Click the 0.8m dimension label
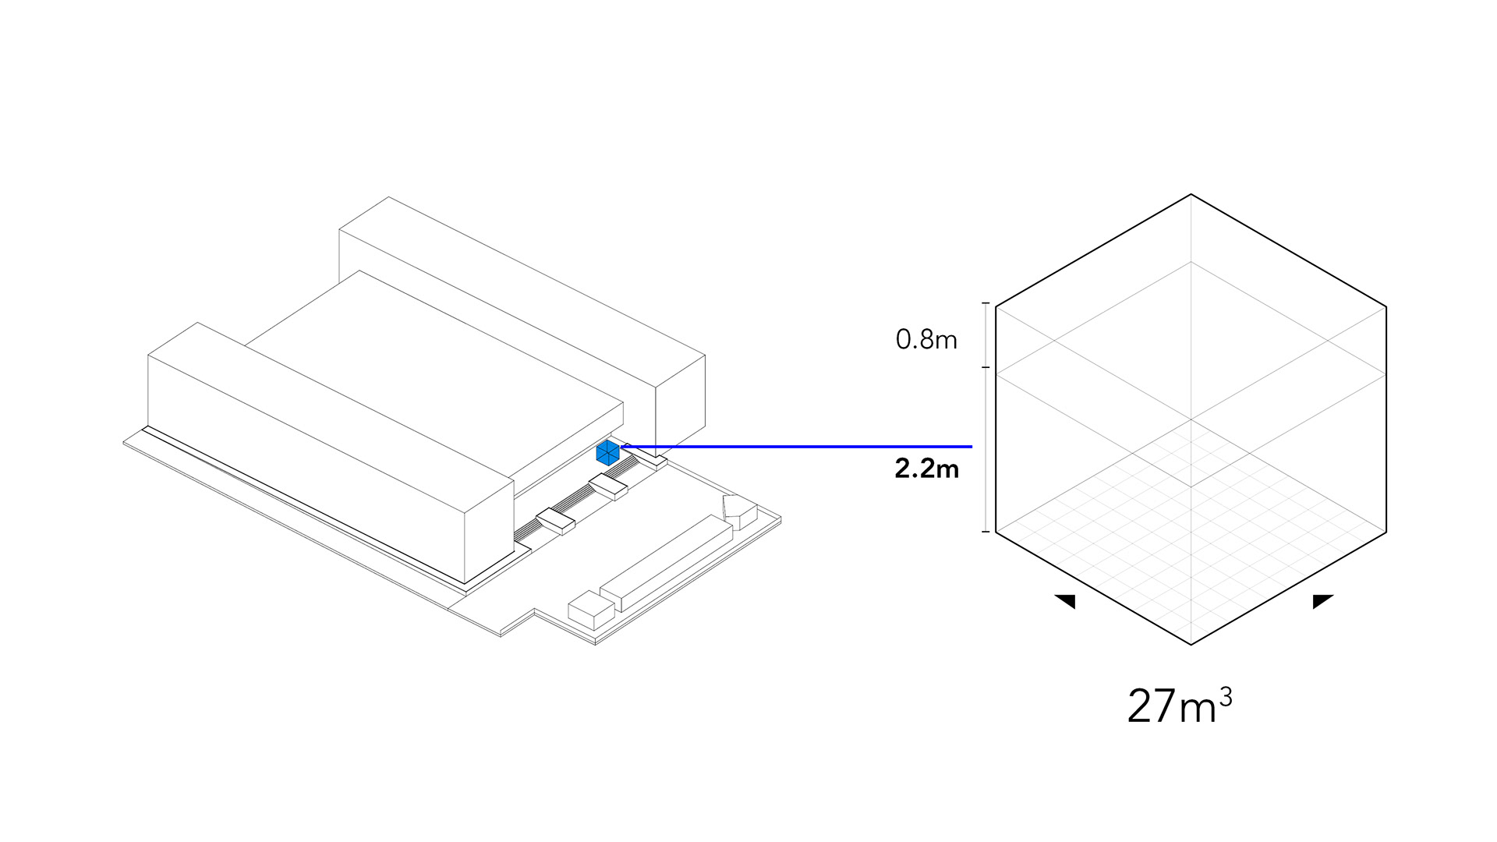pos(926,340)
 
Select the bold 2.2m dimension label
pos(926,469)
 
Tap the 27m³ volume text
pos(1180,705)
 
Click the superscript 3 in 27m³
pos(1226,696)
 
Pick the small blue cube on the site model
pos(607,453)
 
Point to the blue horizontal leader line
pos(796,447)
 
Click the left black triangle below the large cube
pos(1066,601)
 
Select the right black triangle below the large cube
pos(1322,601)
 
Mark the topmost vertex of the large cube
pos(1191,194)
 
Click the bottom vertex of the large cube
pos(1191,645)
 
